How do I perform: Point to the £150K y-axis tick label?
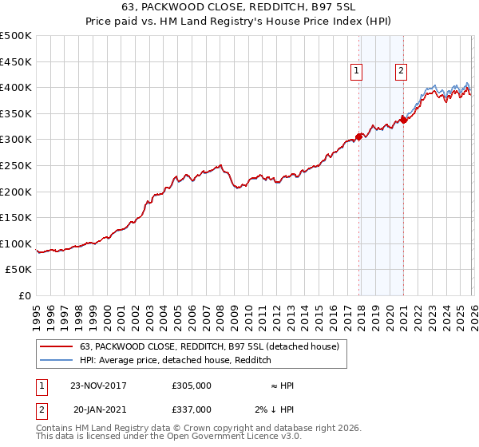15,217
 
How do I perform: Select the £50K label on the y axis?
18,270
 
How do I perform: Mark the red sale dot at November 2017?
359,136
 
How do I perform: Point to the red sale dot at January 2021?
404,120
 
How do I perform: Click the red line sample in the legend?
56,346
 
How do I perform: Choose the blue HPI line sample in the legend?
56,360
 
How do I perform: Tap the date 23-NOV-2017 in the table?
99,386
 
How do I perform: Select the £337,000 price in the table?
192,409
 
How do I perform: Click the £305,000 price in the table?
192,386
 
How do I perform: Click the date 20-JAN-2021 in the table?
99,409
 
